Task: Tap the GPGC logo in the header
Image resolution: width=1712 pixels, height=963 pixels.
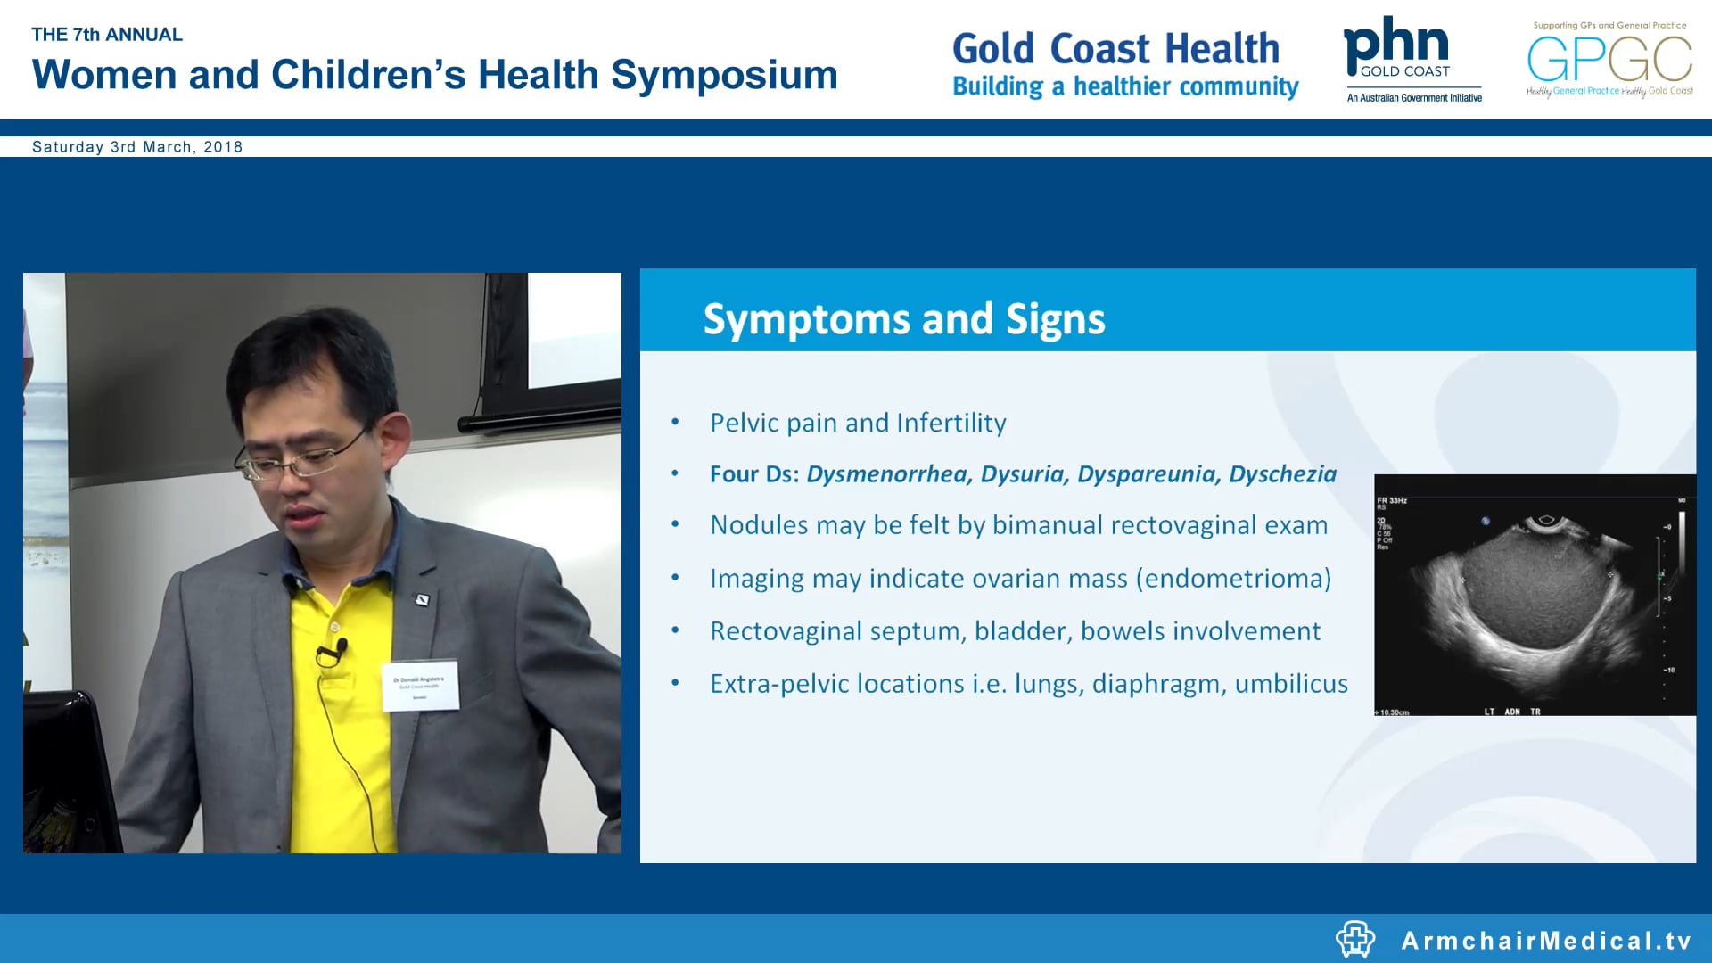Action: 1609,59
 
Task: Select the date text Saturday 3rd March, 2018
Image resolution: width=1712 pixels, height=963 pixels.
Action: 137,147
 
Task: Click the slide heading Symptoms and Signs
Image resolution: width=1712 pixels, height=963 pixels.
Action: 903,319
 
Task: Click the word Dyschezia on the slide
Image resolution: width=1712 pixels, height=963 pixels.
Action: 1282,474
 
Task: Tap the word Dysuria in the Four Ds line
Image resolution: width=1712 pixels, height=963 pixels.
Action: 1023,474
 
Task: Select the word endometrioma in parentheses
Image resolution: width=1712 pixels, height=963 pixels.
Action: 1234,579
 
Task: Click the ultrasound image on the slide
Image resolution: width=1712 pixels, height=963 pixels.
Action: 1534,595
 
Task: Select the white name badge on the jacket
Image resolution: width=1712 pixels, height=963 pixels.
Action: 420,686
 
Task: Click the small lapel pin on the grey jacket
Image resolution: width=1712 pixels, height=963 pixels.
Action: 424,600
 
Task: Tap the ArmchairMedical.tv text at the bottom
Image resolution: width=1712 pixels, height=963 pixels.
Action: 1546,941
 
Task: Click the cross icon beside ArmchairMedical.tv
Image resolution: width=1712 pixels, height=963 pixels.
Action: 1355,939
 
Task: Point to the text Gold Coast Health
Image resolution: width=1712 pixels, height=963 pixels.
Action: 1115,49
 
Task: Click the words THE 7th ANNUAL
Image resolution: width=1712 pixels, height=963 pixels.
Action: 107,35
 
